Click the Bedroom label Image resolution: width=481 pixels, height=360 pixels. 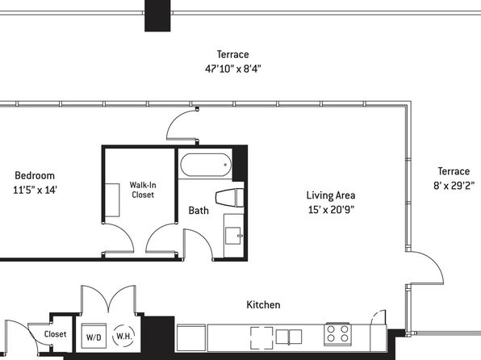(x=35, y=175)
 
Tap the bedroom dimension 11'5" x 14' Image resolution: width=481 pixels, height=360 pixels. (x=35, y=190)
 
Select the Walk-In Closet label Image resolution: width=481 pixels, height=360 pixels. (x=143, y=190)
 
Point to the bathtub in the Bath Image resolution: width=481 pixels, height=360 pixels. (x=206, y=165)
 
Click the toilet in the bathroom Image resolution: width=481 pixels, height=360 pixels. (x=229, y=197)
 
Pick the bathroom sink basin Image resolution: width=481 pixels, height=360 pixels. (x=233, y=236)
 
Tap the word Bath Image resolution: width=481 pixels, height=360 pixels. (x=199, y=211)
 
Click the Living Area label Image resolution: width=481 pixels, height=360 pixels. (x=331, y=195)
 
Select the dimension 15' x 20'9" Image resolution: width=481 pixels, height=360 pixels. (x=331, y=210)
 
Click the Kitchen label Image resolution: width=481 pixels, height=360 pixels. (x=263, y=305)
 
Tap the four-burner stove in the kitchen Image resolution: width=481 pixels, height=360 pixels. (x=337, y=333)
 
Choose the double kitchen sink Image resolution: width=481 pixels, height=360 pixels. (x=289, y=337)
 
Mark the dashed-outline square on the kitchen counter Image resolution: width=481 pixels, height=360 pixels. (x=261, y=338)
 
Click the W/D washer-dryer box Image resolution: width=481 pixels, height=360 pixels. (x=94, y=336)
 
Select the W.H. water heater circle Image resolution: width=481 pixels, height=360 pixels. (x=124, y=336)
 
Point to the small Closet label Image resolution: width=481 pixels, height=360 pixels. (x=55, y=334)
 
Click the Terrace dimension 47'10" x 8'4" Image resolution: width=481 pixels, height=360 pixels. (x=232, y=69)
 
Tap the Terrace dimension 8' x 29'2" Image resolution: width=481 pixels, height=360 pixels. (x=454, y=186)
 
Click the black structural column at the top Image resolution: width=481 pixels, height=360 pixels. (x=157, y=15)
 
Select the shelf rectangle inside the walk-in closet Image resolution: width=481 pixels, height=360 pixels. (x=112, y=200)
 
